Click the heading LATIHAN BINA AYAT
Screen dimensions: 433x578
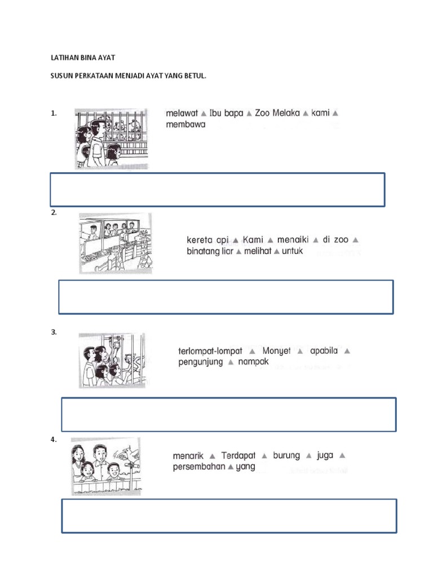(x=83, y=58)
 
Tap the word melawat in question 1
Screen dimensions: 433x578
(x=182, y=113)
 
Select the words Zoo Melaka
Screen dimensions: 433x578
(x=277, y=113)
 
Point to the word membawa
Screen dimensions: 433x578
(x=185, y=124)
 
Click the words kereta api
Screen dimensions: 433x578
(x=207, y=240)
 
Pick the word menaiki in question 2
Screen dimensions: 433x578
(x=293, y=239)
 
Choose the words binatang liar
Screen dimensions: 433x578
(x=210, y=251)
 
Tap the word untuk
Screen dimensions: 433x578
(x=293, y=251)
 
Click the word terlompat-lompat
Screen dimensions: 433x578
(x=210, y=351)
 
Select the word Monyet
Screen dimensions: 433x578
(x=276, y=351)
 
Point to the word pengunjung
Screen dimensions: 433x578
(x=201, y=362)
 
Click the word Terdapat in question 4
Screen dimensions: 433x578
(x=238, y=456)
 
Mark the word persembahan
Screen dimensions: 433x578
(x=199, y=466)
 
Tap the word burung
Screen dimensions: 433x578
(x=286, y=456)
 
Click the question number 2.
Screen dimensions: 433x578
(x=54, y=213)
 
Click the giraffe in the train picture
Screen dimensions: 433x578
(x=143, y=251)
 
